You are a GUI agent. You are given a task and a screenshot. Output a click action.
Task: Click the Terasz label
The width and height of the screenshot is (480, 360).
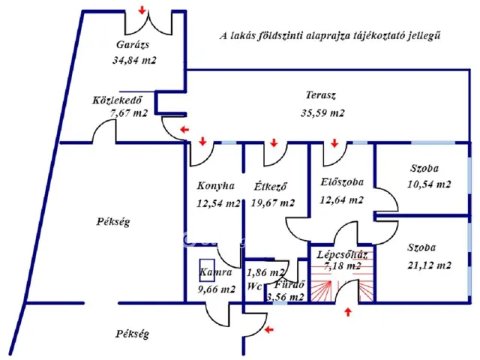click(x=319, y=96)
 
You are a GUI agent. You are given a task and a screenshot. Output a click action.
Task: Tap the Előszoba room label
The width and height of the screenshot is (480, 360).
click(x=341, y=181)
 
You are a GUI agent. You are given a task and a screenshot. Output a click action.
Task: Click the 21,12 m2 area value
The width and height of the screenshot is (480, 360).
click(x=429, y=265)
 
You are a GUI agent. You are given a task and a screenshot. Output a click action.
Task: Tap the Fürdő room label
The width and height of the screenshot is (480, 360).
click(x=288, y=286)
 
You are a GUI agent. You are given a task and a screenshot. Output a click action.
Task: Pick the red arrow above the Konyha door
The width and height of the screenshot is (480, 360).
click(x=202, y=140)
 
